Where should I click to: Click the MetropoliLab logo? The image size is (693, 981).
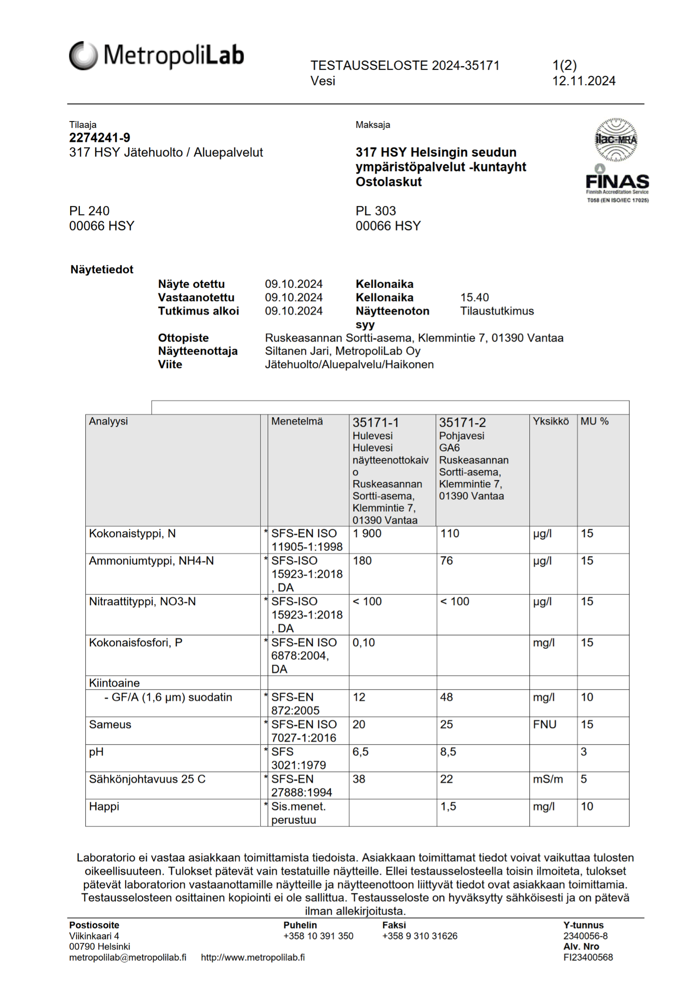click(x=156, y=55)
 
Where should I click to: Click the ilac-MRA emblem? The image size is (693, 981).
click(x=616, y=139)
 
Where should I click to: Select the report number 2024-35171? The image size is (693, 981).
click(x=466, y=66)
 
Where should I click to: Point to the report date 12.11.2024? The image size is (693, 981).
click(x=584, y=81)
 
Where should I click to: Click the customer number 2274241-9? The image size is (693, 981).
click(x=100, y=138)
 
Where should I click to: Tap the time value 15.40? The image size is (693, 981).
click(x=474, y=297)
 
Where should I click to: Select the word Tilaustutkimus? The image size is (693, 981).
click(x=496, y=311)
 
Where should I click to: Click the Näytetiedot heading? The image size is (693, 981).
click(x=102, y=270)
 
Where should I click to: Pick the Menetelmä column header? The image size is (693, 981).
click(x=297, y=421)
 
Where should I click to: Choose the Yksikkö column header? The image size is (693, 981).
click(x=551, y=421)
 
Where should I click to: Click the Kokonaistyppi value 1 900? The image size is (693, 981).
click(x=367, y=533)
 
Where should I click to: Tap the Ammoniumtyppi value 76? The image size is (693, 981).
click(x=447, y=561)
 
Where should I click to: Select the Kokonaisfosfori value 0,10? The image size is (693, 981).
click(x=364, y=642)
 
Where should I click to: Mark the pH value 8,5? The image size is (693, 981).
click(x=448, y=752)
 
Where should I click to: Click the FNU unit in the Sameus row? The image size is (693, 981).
click(x=544, y=725)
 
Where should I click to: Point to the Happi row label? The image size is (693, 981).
click(x=104, y=806)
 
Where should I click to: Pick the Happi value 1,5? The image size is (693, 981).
click(x=448, y=806)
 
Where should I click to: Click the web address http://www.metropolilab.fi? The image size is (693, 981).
click(x=253, y=957)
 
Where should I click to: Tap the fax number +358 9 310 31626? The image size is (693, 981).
click(x=420, y=936)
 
